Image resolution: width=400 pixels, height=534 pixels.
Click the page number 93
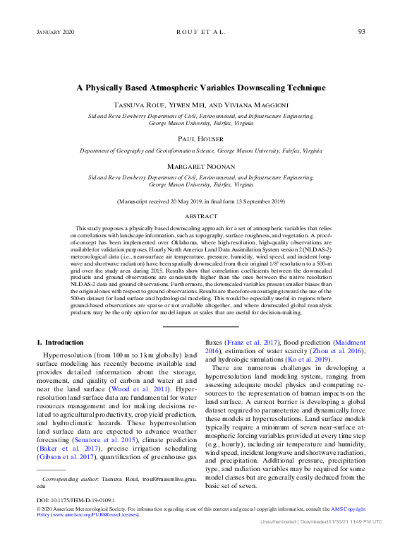click(x=361, y=32)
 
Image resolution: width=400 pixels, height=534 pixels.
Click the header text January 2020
click(x=55, y=32)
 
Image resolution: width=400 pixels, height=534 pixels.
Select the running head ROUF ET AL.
click(x=200, y=32)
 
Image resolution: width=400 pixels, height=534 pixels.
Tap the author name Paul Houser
click(x=201, y=139)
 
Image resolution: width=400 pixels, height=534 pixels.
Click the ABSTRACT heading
click(x=201, y=216)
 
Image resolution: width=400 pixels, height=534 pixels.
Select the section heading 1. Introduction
click(x=59, y=342)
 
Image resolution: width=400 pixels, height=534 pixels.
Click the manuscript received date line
click(x=201, y=201)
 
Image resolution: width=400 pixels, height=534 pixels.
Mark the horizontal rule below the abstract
click(x=200, y=326)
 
